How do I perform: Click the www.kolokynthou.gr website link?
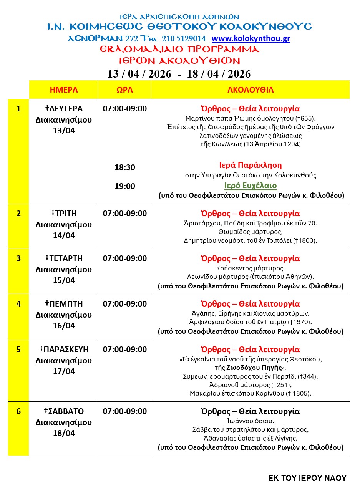(251, 39)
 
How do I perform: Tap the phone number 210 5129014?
(184, 39)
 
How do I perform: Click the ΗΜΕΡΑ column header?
(64, 90)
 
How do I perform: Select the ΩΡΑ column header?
(125, 90)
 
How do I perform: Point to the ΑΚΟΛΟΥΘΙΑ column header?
(251, 90)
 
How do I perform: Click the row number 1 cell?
(18, 109)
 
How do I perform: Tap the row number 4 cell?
(18, 304)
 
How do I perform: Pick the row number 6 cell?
(18, 411)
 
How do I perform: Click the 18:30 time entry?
(125, 167)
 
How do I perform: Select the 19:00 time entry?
(125, 186)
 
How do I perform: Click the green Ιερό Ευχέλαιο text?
(251, 186)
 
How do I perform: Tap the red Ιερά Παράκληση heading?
(251, 166)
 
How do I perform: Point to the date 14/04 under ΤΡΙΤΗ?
(64, 235)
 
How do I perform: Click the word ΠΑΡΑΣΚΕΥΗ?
(66, 350)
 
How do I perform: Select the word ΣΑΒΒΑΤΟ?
(66, 411)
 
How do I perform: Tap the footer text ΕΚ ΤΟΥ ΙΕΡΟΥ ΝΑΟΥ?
(307, 478)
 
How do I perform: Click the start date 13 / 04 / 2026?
(139, 74)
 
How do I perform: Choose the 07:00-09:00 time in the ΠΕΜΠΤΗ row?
(125, 304)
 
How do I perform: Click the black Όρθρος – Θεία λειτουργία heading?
(251, 411)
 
